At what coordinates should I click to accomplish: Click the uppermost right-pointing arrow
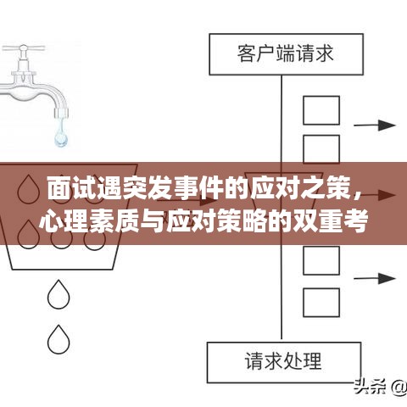[378, 125]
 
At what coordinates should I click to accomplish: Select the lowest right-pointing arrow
[378, 277]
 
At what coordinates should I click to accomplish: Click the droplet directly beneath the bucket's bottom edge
[59, 295]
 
